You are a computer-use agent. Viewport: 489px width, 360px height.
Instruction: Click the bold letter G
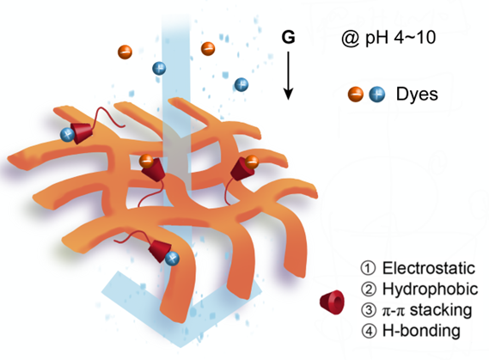point(288,37)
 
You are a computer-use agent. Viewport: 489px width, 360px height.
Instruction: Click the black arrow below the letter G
point(288,76)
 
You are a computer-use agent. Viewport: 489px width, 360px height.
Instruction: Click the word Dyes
point(417,94)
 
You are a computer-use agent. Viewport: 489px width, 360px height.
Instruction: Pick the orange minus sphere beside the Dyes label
point(356,95)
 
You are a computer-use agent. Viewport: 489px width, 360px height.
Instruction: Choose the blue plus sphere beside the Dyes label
point(376,95)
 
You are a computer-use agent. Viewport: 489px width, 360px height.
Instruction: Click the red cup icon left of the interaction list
point(332,302)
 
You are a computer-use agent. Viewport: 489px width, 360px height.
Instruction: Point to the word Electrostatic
point(429,268)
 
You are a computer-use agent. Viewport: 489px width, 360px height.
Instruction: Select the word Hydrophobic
point(430,290)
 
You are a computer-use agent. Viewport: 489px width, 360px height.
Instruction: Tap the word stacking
point(441,310)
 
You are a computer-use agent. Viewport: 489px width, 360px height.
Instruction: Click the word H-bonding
point(421,331)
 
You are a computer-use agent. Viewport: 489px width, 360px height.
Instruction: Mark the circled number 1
point(368,268)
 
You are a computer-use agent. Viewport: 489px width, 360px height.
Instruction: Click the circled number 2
point(369,290)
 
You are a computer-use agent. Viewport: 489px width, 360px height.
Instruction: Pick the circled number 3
point(369,310)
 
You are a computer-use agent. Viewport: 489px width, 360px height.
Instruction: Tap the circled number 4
point(369,331)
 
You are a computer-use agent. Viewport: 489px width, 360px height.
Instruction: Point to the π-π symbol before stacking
point(394,311)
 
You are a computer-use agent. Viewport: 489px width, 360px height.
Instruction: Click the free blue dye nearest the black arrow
point(241,84)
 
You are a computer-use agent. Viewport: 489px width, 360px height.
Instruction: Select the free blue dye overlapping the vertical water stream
point(159,68)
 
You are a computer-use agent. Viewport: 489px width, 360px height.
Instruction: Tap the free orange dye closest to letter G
point(208,49)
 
